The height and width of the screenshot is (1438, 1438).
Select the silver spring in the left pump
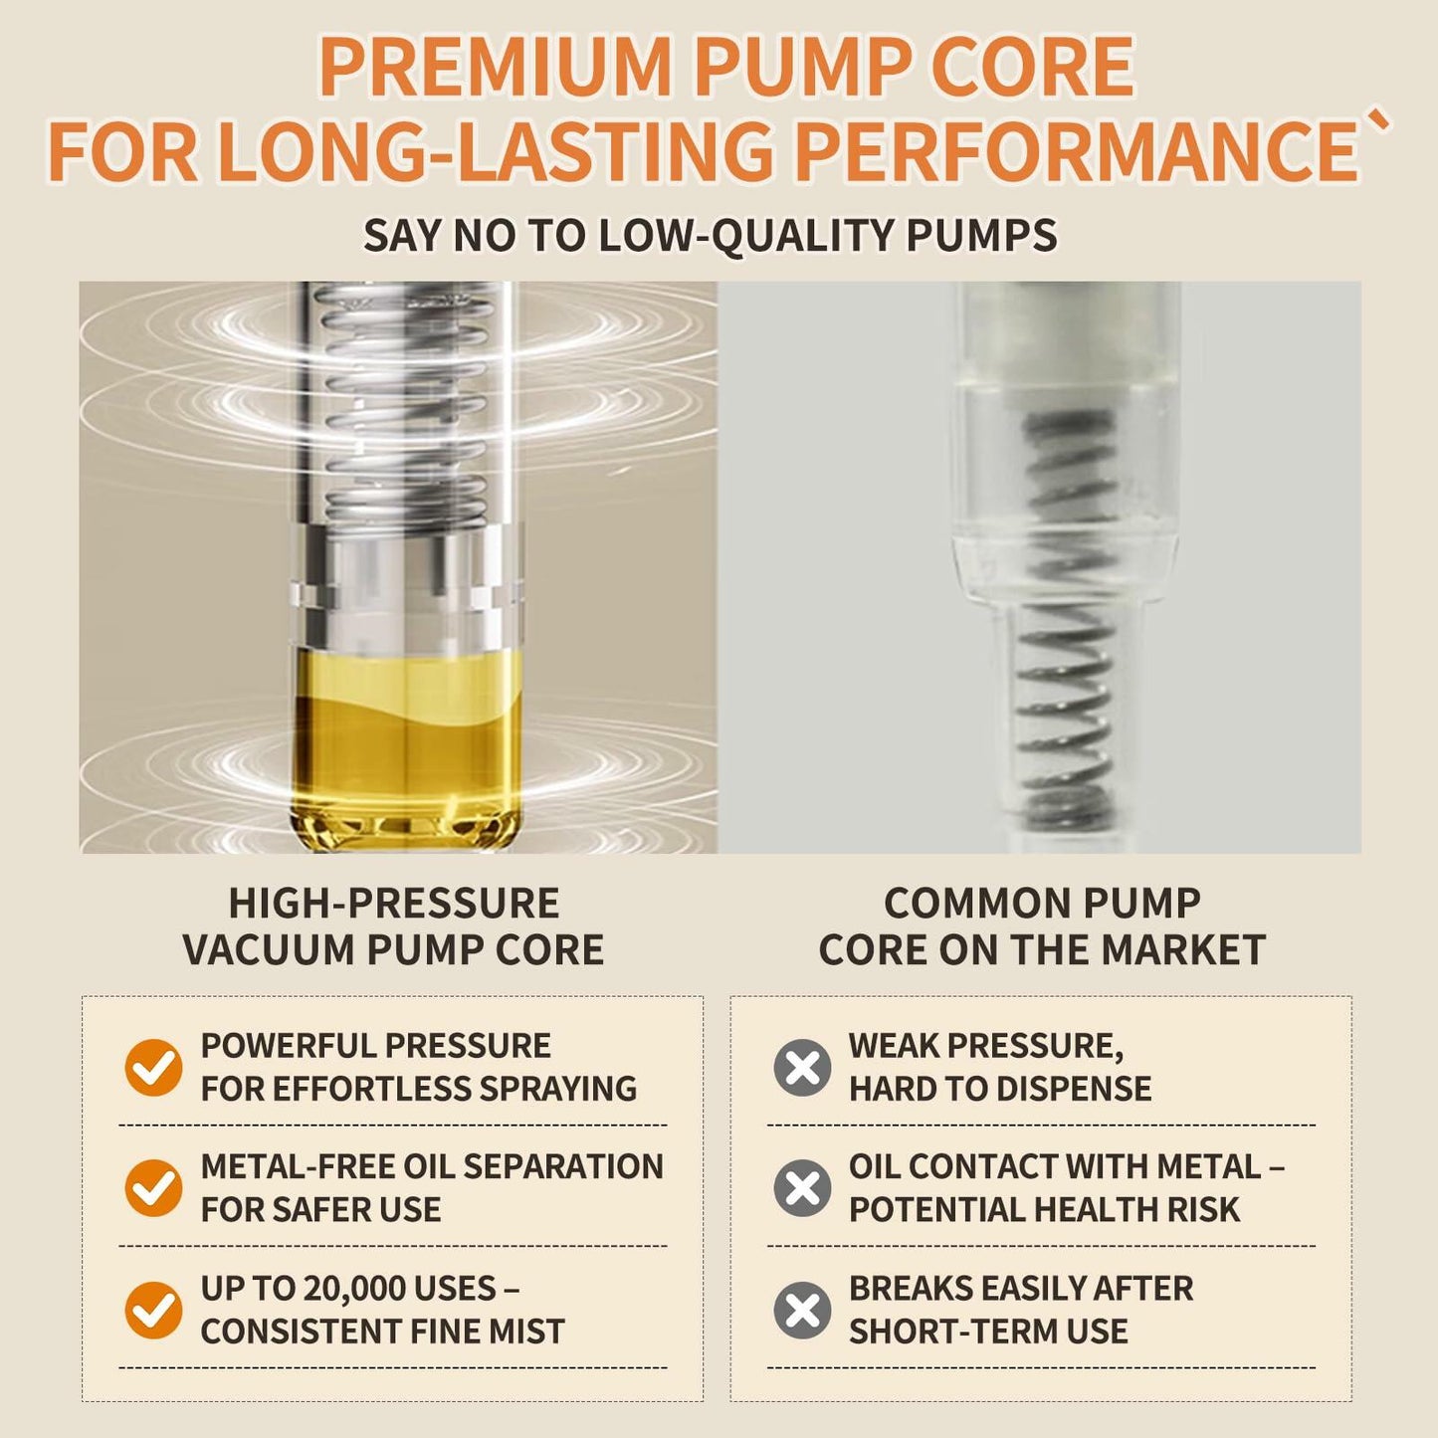coord(407,403)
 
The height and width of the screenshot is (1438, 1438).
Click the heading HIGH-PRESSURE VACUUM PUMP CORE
coord(393,926)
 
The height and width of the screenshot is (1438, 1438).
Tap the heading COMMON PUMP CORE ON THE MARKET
coord(1042,926)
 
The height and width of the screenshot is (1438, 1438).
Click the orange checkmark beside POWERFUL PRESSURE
coord(153,1067)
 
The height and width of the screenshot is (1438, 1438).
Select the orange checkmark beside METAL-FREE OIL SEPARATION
coord(153,1188)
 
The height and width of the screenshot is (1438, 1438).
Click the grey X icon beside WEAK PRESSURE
coord(802,1067)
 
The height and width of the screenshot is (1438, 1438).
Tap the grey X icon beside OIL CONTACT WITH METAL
coord(802,1188)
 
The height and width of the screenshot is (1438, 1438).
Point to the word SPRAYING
coord(558,1089)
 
